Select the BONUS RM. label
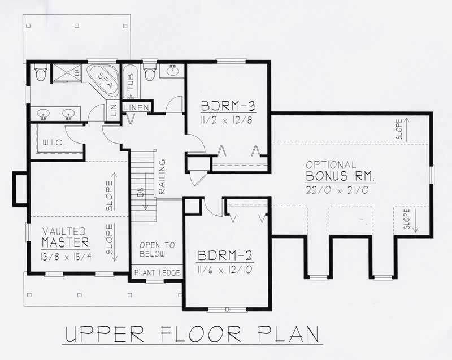point(341,177)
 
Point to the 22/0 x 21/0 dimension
point(337,190)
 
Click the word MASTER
point(65,242)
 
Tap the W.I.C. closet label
point(54,144)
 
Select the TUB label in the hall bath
point(131,84)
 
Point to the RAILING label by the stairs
point(162,182)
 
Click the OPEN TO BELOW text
point(157,250)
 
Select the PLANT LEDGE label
point(157,273)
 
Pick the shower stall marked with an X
point(67,72)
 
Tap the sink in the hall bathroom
point(172,71)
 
